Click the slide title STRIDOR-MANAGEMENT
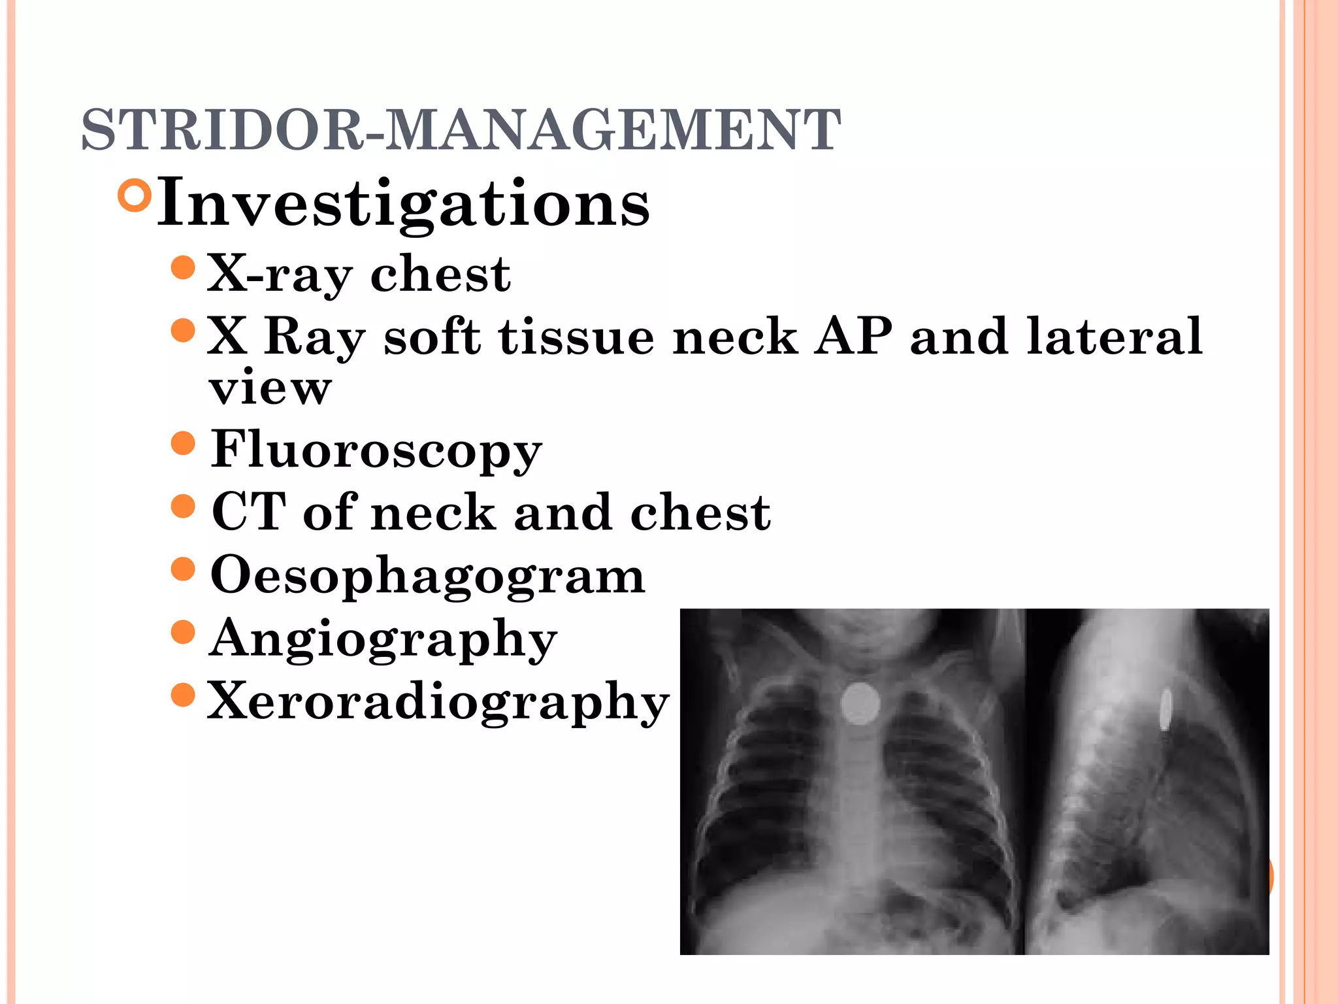point(461,129)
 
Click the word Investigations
point(403,204)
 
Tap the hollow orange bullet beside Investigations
point(136,195)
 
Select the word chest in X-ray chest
point(440,275)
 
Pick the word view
point(270,388)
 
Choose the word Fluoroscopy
point(376,450)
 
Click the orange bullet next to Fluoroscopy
point(183,444)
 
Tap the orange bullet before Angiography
point(183,632)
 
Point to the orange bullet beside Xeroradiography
point(183,695)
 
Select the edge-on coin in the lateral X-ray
point(1165,709)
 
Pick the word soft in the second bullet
point(432,337)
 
